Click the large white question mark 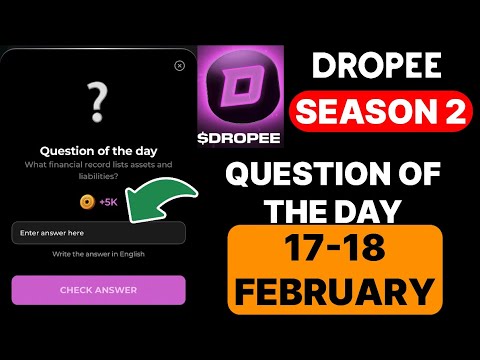tap(97, 100)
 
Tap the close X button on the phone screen tap(179, 65)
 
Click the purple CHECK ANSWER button tap(98, 290)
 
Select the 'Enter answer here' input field tap(98, 233)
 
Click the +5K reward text tap(109, 202)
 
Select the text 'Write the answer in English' tap(98, 255)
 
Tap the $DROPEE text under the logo tap(239, 135)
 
